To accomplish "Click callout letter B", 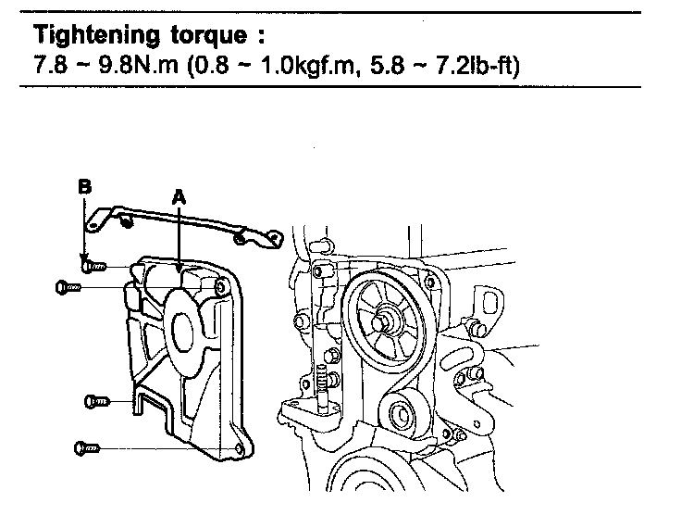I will coord(84,186).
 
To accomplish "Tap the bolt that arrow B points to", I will coord(95,266).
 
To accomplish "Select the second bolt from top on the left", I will coord(71,287).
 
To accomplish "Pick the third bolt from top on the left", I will coord(96,400).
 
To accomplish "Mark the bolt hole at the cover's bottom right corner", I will coord(239,449).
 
